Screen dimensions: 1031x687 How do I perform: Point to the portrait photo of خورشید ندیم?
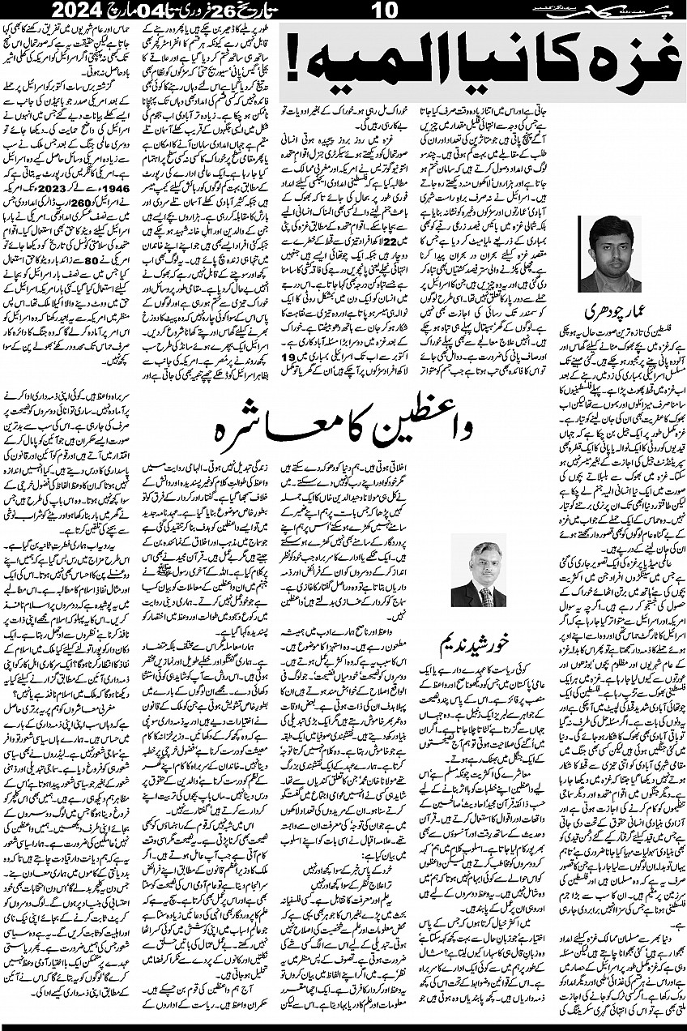tap(478, 571)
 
